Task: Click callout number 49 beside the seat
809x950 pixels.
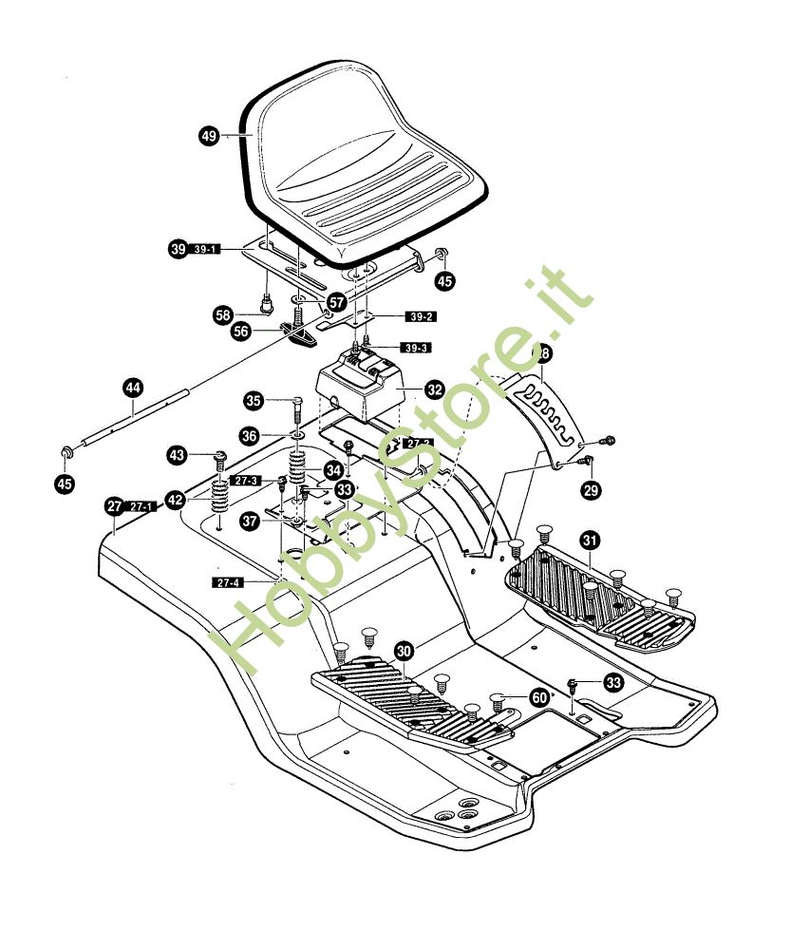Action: point(208,136)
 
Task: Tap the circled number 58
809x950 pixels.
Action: point(222,313)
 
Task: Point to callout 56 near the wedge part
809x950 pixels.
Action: point(242,332)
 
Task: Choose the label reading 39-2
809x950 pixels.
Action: point(418,316)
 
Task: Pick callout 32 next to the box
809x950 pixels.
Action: point(435,389)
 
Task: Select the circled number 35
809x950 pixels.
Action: point(253,399)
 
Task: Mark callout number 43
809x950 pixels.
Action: point(177,456)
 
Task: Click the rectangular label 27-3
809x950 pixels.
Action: point(245,481)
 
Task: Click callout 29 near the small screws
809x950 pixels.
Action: point(593,490)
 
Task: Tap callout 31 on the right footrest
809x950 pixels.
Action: point(590,541)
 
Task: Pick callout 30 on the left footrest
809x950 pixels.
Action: point(404,652)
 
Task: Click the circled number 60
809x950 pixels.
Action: point(539,697)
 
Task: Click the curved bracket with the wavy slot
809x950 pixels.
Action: point(546,408)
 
